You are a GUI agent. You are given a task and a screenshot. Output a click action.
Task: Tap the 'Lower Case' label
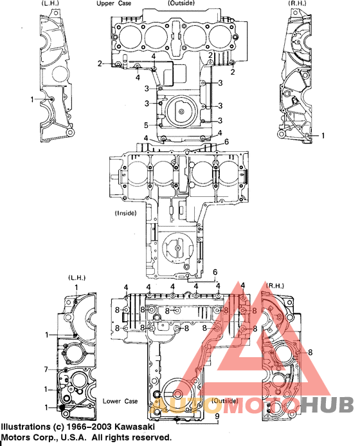click(120, 401)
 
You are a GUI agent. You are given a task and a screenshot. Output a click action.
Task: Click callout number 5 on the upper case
click(146, 125)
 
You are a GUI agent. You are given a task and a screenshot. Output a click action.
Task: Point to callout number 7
click(46, 369)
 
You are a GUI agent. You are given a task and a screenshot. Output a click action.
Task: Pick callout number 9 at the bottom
click(217, 416)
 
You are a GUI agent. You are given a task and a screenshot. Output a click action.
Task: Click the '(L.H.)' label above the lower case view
click(76, 277)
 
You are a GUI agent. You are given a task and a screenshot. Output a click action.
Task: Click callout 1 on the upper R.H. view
click(323, 136)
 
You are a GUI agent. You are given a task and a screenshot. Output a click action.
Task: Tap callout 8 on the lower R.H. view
click(310, 352)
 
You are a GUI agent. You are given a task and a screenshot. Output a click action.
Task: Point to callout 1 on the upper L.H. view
click(33, 99)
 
